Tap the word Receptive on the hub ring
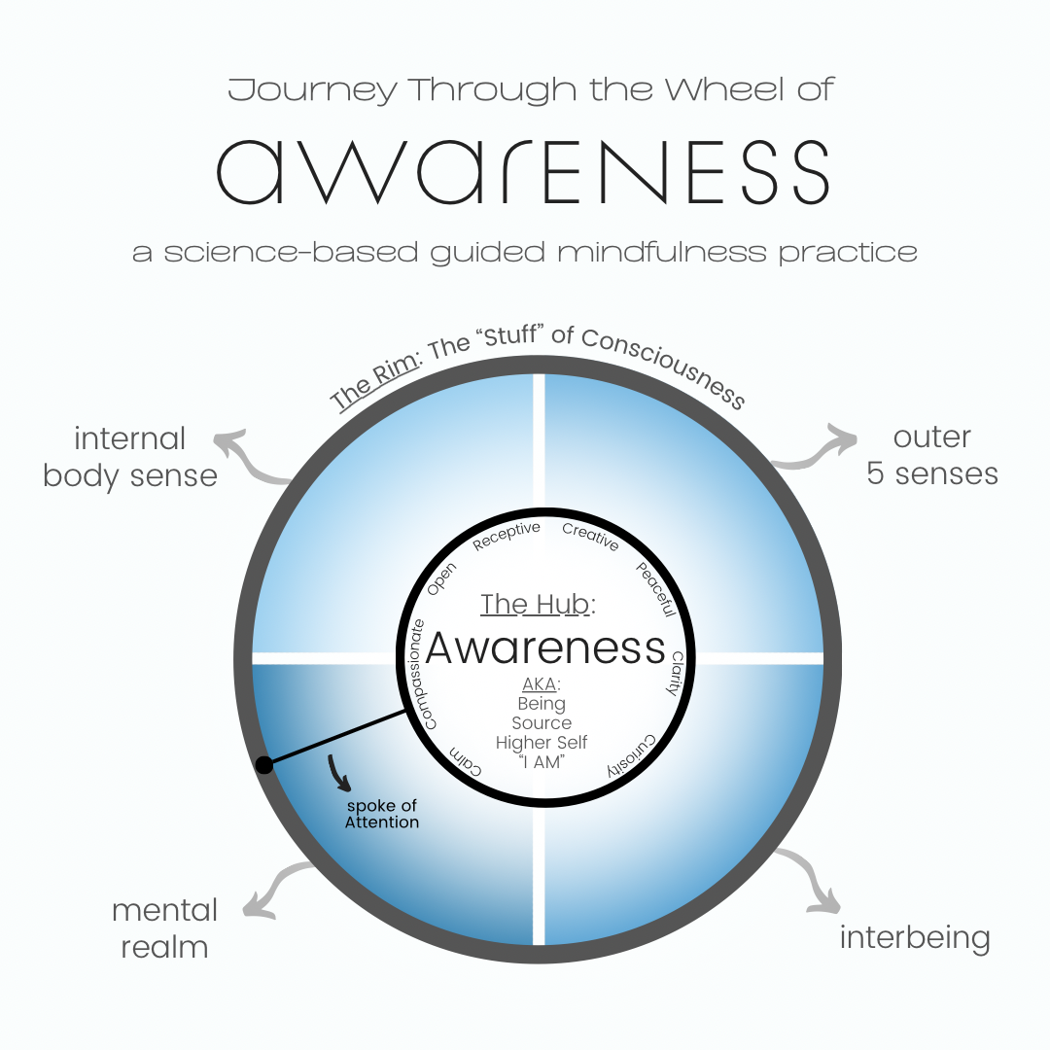[x=506, y=536]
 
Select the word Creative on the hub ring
[x=590, y=537]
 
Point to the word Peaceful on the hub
[x=654, y=589]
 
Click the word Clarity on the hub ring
[x=673, y=673]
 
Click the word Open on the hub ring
[x=441, y=579]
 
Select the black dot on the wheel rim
[x=263, y=765]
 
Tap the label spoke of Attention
[x=381, y=814]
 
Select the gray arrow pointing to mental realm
[x=277, y=887]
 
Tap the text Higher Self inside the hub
[x=542, y=743]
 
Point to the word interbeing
[x=914, y=938]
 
